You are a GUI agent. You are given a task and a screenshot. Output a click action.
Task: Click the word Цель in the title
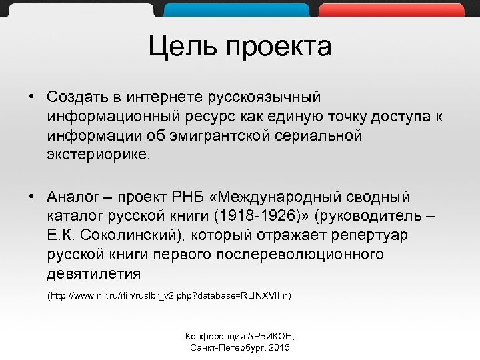182,47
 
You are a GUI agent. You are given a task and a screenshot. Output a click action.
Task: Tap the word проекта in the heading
279,47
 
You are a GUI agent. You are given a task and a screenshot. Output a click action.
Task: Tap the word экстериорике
99,155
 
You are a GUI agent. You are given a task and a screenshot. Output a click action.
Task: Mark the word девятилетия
94,274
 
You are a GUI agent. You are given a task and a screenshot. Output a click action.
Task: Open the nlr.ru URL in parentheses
169,295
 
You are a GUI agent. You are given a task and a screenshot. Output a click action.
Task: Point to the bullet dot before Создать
31,97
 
